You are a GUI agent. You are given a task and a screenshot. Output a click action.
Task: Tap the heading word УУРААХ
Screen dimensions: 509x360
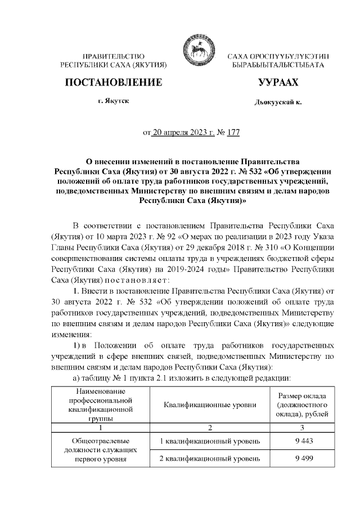(277, 83)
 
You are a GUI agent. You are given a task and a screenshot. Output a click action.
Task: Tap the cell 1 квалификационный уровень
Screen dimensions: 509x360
(210, 440)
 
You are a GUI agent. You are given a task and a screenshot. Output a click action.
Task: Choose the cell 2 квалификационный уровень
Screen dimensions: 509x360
(210, 458)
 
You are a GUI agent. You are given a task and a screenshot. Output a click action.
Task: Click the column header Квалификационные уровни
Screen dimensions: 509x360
(210, 404)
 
